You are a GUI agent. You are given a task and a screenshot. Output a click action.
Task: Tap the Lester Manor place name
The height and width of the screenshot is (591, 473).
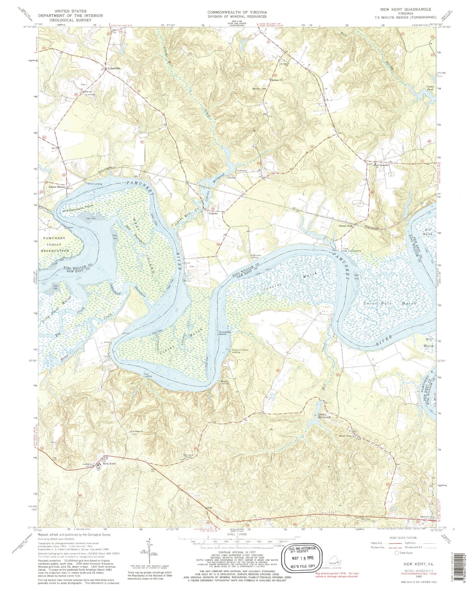point(56,187)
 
